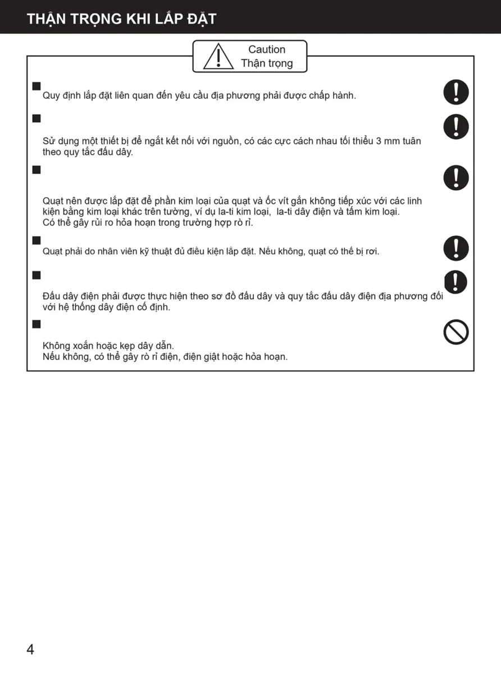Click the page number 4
click(30, 649)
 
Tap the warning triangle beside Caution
click(218, 56)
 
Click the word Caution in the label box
click(267, 49)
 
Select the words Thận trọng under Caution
click(267, 64)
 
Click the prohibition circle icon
click(456, 332)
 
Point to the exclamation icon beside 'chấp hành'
click(456, 92)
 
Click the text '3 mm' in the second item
click(386, 141)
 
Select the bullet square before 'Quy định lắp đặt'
click(37, 86)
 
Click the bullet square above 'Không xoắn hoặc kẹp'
click(37, 324)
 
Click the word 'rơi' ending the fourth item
click(372, 251)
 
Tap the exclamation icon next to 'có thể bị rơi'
click(456, 248)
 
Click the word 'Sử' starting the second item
click(49, 141)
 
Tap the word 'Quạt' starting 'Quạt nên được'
click(53, 201)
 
